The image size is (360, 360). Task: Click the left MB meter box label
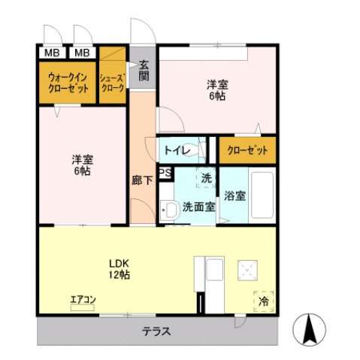click(52, 53)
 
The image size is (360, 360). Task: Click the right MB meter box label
click(82, 53)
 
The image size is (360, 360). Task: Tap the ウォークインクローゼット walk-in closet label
click(68, 83)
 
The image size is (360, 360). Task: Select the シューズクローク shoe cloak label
click(113, 83)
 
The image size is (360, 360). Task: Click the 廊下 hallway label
click(142, 180)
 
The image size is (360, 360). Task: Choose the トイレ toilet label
click(178, 150)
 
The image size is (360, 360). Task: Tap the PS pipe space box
click(165, 173)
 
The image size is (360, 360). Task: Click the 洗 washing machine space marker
click(207, 178)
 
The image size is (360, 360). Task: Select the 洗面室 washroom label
click(198, 207)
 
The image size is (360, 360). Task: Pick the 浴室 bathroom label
click(234, 195)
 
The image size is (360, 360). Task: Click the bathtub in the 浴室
click(262, 195)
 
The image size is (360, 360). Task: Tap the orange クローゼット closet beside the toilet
click(247, 150)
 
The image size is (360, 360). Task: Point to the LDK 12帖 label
click(119, 269)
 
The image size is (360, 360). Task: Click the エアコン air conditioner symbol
click(83, 307)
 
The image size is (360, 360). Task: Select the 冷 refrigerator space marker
click(263, 301)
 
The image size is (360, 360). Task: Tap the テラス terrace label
click(156, 331)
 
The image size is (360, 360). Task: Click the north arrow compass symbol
click(310, 329)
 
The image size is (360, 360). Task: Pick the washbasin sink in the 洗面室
click(170, 210)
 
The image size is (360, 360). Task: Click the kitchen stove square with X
click(247, 271)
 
